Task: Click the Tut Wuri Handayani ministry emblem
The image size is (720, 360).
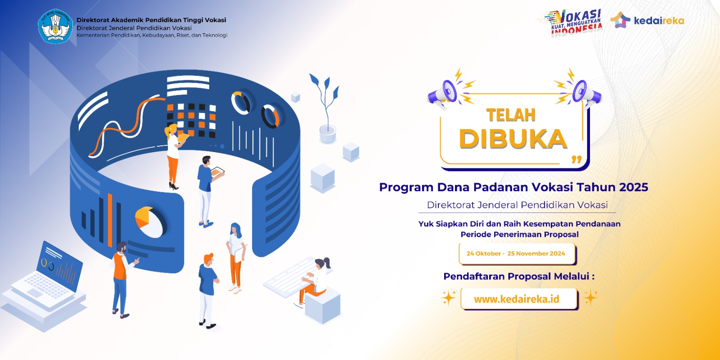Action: coord(55,27)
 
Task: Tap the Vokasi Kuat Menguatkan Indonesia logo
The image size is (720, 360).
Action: coord(571,23)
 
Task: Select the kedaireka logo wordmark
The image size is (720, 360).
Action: coord(659,21)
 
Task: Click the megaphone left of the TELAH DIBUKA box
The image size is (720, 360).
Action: coord(443,93)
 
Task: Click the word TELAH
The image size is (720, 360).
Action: coord(511,115)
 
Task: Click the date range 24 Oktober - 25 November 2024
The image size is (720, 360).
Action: coord(516,253)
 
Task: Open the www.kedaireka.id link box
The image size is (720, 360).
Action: coord(519,299)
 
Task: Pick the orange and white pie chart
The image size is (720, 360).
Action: coord(150,222)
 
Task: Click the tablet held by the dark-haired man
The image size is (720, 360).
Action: coord(217,173)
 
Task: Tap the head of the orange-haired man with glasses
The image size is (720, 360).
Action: coord(209,259)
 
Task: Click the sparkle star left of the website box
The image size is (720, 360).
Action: coord(449,297)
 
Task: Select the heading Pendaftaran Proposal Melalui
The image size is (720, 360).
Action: coord(519,276)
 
